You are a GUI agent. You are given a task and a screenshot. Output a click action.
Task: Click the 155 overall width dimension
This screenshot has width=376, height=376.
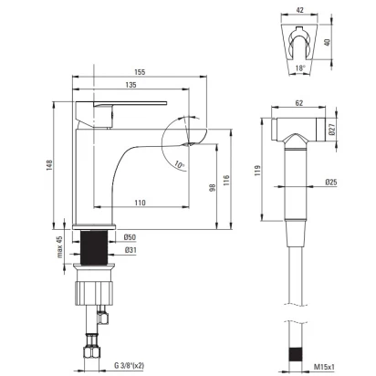coord(140,72)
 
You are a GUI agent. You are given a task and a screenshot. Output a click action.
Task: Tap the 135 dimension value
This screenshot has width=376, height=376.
coord(131,85)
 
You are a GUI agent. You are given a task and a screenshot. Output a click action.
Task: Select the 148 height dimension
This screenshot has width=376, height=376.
coord(49,165)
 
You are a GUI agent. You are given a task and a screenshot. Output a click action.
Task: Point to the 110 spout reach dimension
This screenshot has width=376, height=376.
coord(140,203)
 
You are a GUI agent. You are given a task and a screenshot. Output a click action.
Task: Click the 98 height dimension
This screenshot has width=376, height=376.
coord(213,187)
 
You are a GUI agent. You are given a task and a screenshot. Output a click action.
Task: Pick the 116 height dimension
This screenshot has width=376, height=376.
coord(226,181)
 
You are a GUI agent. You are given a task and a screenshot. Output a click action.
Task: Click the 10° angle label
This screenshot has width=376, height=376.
coord(180,165)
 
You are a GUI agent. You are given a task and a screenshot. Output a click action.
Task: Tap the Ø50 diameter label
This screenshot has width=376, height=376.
coord(130,237)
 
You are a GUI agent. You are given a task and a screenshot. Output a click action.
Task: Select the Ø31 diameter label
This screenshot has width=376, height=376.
coord(131,250)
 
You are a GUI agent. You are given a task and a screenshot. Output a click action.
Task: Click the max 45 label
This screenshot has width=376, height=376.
coord(59,246)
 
